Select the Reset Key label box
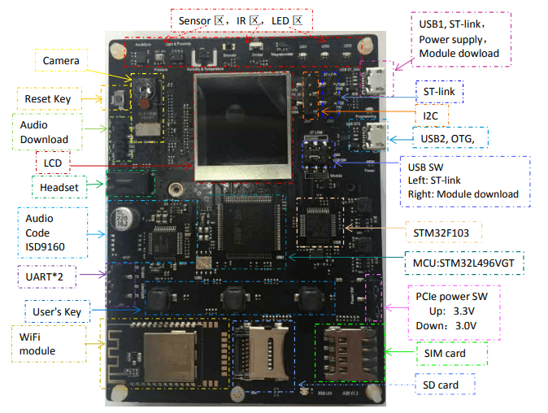48,99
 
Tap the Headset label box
59,188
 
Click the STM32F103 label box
441,233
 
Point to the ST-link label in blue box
439,92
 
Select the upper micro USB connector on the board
376,81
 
